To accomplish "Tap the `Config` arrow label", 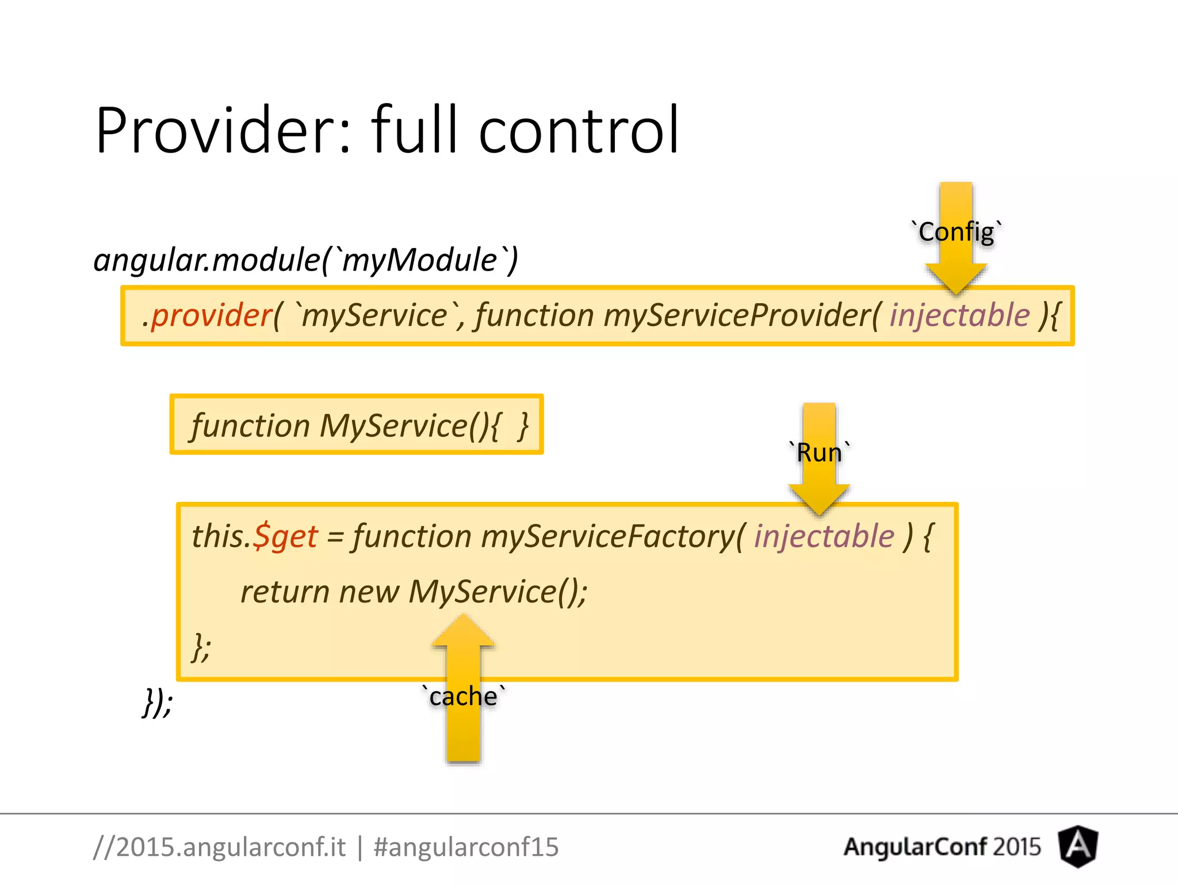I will coord(956,232).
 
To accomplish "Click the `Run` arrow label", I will coord(819,452).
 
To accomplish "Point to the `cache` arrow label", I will coord(463,696).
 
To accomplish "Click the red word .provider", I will coord(207,315).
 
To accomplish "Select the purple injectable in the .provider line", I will coord(959,315).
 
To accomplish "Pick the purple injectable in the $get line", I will coord(824,536).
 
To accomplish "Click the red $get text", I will coord(285,536).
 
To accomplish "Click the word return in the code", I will coord(285,592).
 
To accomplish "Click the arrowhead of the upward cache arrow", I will coord(463,630).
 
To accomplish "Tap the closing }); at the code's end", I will coord(157,702).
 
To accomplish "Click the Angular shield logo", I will coord(1078,846).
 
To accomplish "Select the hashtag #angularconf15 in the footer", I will coord(466,847).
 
